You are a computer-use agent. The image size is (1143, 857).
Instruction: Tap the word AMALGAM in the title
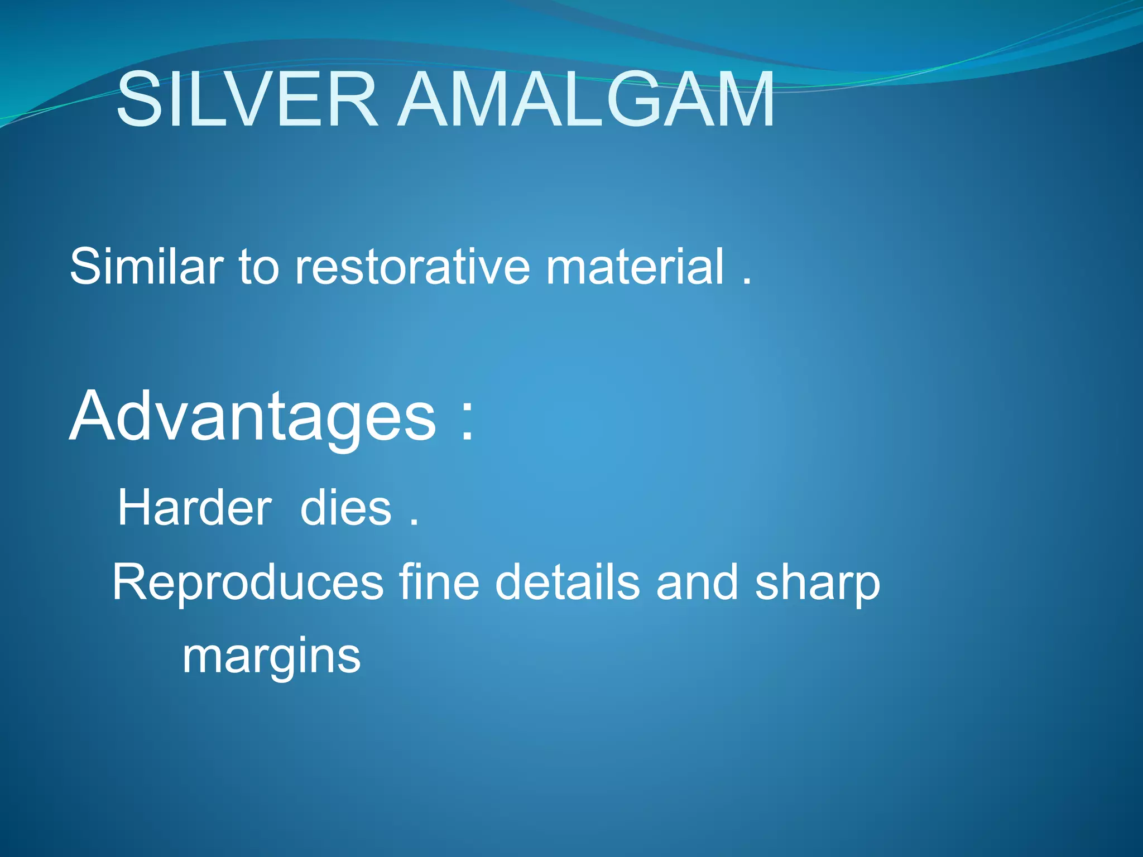click(x=586, y=100)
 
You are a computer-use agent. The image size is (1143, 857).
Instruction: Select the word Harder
click(x=194, y=508)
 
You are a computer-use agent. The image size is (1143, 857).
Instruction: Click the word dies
click(x=345, y=508)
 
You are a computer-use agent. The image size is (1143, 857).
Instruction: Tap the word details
click(x=567, y=582)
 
